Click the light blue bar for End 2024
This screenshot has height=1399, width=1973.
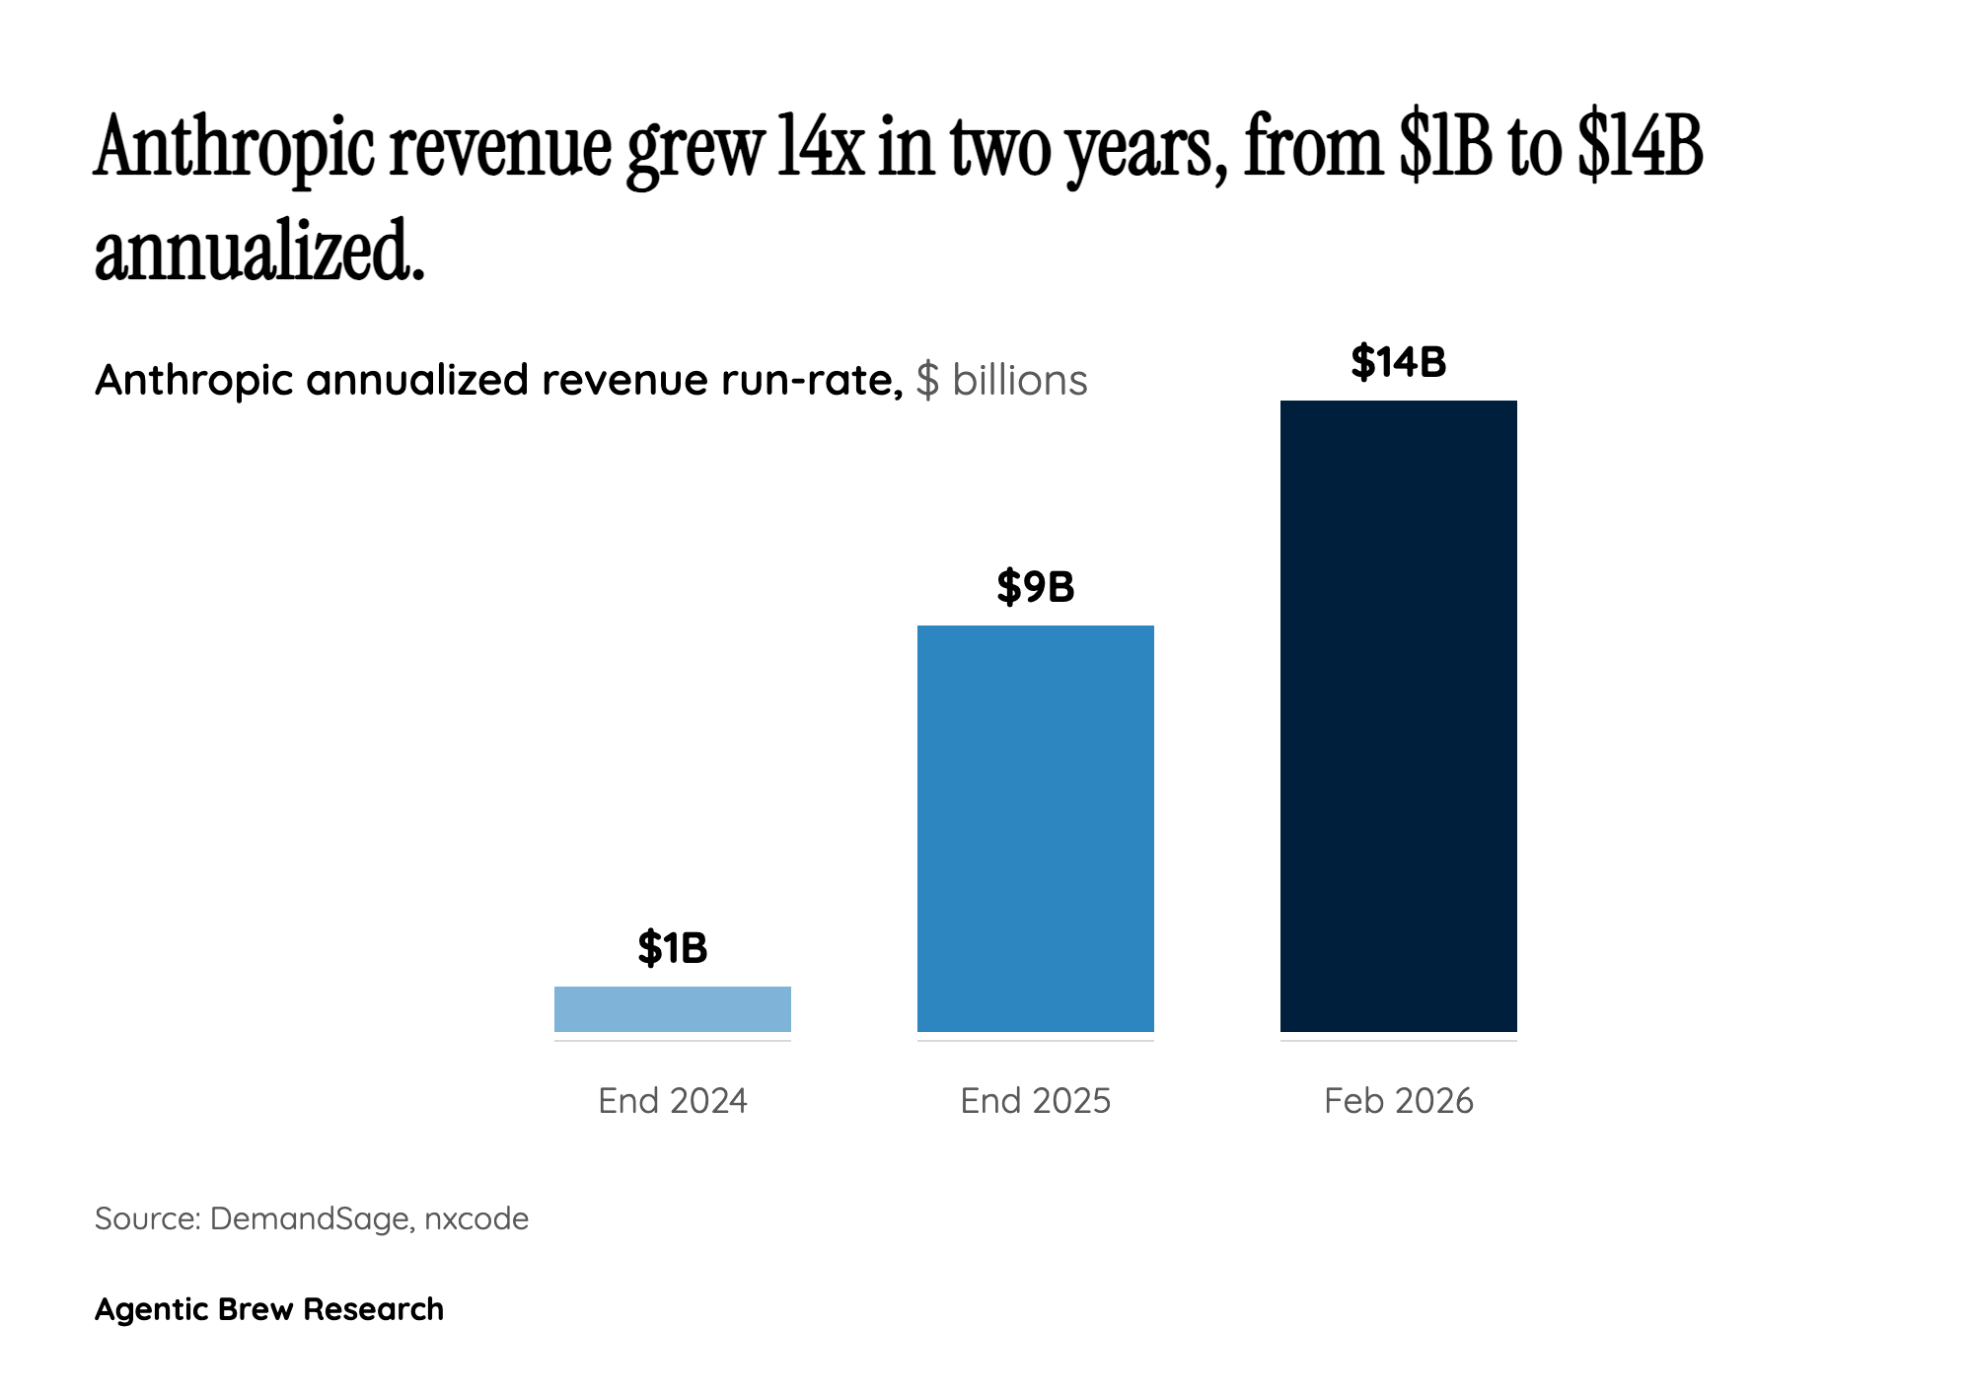673,1008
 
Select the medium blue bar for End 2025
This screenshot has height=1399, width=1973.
1036,829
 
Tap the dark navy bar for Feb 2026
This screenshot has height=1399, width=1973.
1399,716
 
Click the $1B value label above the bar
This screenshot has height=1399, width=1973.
673,948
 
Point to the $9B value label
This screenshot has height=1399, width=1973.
1036,587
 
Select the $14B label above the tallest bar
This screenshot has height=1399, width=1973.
1399,362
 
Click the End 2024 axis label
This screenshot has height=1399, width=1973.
673,1101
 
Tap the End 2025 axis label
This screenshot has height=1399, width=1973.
1036,1101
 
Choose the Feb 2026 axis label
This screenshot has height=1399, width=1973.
1399,1101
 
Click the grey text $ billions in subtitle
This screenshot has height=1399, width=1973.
1001,381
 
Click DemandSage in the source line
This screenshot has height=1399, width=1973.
310,1219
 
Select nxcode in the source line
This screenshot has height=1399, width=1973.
476,1219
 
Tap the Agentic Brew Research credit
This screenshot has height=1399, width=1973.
269,1309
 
